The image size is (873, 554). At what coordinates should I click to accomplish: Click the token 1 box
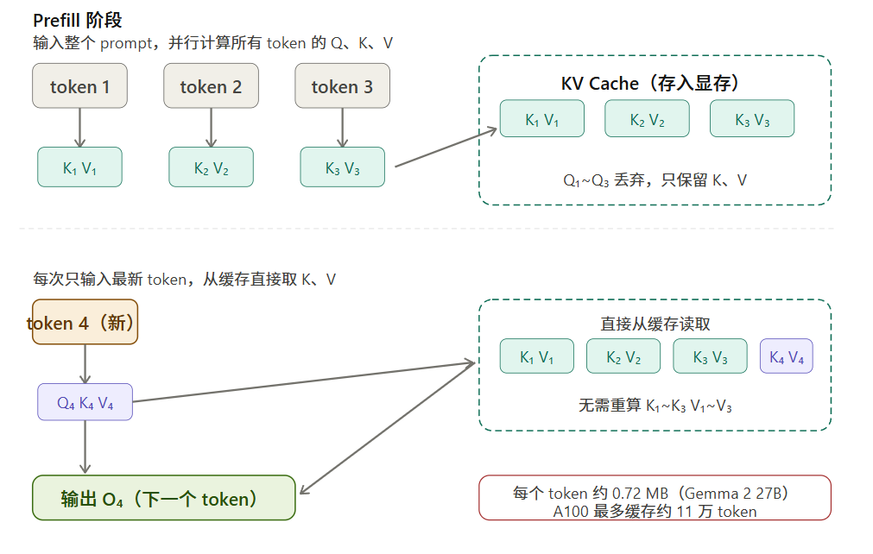(x=79, y=86)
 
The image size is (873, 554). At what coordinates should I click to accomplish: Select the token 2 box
(x=211, y=86)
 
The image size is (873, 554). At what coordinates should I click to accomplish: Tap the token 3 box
(x=342, y=86)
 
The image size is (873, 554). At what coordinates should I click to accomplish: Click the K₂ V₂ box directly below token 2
(x=211, y=167)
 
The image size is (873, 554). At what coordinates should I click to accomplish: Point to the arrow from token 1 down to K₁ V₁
(x=79, y=128)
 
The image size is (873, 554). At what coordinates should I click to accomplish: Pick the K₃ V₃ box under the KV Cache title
(x=751, y=119)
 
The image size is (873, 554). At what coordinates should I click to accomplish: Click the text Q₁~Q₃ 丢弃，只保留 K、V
(x=655, y=180)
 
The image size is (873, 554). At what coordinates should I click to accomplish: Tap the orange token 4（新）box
(x=85, y=323)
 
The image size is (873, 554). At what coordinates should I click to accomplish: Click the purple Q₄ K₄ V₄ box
(x=85, y=402)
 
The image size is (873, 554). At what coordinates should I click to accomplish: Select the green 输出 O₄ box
(x=164, y=498)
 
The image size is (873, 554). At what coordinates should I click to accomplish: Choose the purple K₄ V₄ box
(x=786, y=356)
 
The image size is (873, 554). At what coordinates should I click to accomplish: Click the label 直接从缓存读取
(x=655, y=324)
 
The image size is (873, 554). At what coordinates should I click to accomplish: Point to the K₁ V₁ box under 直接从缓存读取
(x=536, y=356)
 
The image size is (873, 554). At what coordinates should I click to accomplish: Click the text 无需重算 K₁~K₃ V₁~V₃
(x=655, y=405)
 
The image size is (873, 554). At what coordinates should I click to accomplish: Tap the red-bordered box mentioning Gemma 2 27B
(x=655, y=498)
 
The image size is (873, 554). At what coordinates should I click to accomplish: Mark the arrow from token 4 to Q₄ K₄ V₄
(x=85, y=363)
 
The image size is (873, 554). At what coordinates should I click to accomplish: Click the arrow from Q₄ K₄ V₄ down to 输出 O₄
(x=85, y=447)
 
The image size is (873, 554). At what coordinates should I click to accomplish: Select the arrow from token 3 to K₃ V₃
(x=342, y=128)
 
